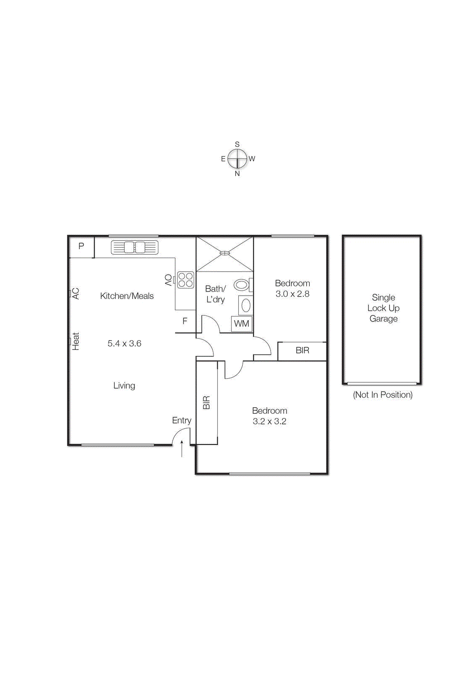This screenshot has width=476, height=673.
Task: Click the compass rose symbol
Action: coord(237,159)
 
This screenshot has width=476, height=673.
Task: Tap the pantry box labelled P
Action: coord(81,246)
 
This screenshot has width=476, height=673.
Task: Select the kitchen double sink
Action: coord(134,247)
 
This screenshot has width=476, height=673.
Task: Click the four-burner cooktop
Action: coord(186,280)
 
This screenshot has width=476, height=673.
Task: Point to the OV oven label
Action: coord(168,280)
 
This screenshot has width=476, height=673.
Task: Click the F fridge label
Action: coord(185,321)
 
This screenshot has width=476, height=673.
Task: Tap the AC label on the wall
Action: coord(76,294)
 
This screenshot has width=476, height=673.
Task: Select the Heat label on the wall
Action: coord(76,341)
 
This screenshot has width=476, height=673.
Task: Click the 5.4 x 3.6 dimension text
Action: coord(124,344)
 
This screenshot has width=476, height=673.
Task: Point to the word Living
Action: coord(124,386)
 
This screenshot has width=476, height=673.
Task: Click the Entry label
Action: coord(181,421)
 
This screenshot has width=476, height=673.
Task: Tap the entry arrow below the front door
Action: coord(182,449)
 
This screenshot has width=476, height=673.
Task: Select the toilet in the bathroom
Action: coord(242,285)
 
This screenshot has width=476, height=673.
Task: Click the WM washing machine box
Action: coord(242,324)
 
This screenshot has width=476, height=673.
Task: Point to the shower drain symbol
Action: coord(225,253)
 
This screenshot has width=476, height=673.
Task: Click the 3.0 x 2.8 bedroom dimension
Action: coord(292,294)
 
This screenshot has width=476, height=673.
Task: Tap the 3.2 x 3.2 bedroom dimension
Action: coord(269,421)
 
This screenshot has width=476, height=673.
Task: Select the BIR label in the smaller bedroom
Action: coord(302,350)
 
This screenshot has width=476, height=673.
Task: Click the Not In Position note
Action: coord(383,395)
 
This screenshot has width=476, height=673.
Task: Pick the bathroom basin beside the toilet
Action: coord(246,305)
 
